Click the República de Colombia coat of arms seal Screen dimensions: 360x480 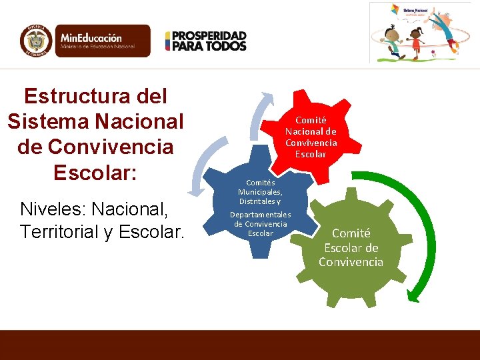click(x=36, y=41)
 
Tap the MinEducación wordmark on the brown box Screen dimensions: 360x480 click(x=91, y=38)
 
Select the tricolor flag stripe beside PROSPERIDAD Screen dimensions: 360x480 click(x=168, y=41)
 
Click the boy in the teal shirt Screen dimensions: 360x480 click(x=393, y=40)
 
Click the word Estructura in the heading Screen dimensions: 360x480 click(x=95, y=97)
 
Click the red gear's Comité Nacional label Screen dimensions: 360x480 click(x=311, y=137)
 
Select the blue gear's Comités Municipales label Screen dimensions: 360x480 click(x=260, y=192)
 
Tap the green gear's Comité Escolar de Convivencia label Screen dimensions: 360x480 click(x=351, y=247)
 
